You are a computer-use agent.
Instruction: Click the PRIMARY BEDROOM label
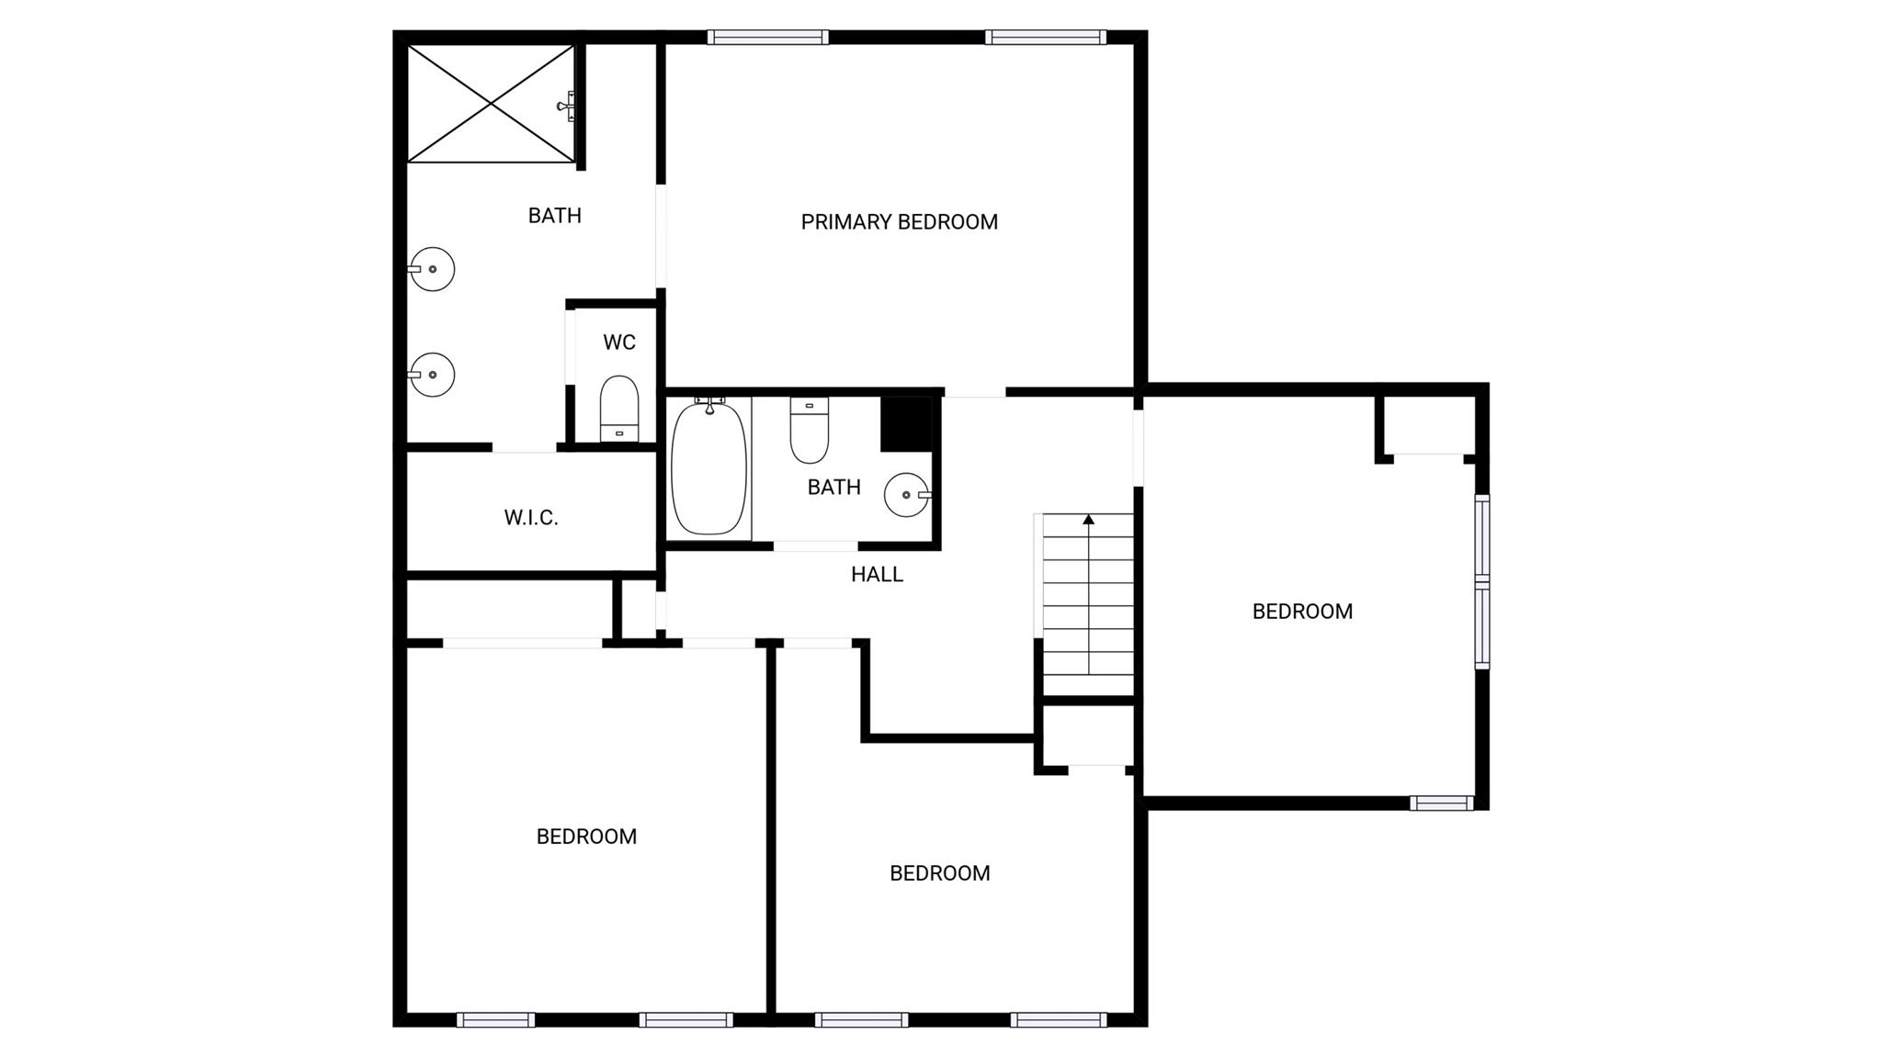pyautogui.click(x=899, y=222)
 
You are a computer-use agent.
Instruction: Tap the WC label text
pyautogui.click(x=618, y=343)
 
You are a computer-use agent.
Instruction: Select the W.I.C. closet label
pyautogui.click(x=530, y=518)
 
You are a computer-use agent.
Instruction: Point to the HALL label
pyautogui.click(x=877, y=575)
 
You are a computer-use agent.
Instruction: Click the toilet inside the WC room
pyautogui.click(x=618, y=410)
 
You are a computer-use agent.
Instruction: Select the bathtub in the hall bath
pyautogui.click(x=709, y=468)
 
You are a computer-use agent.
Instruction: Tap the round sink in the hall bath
pyautogui.click(x=906, y=495)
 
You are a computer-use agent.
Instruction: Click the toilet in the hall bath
pyautogui.click(x=809, y=430)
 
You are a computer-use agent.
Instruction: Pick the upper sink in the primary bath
pyautogui.click(x=432, y=269)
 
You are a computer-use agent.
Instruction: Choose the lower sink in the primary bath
pyautogui.click(x=432, y=375)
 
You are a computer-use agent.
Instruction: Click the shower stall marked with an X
pyautogui.click(x=491, y=105)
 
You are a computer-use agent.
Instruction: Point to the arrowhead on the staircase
pyautogui.click(x=1088, y=520)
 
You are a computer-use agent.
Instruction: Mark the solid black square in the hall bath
pyautogui.click(x=906, y=424)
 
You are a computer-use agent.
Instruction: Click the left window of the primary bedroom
pyautogui.click(x=767, y=38)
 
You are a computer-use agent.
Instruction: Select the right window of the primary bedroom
pyautogui.click(x=1046, y=38)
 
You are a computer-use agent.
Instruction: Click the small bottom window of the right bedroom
pyautogui.click(x=1441, y=804)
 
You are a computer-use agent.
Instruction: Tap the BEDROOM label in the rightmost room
pyautogui.click(x=1302, y=612)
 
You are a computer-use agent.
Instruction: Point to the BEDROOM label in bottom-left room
pyautogui.click(x=586, y=837)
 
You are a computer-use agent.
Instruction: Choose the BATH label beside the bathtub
pyautogui.click(x=833, y=488)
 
